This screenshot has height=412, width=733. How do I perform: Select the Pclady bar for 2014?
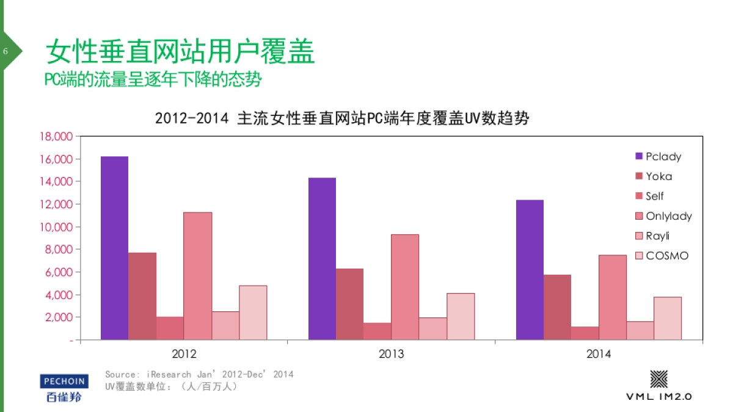530,269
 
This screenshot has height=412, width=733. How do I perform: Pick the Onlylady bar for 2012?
197,275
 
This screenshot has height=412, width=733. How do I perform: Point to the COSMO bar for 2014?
668,318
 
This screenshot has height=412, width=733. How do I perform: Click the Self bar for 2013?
377,331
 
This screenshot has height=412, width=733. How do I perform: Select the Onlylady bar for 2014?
613,297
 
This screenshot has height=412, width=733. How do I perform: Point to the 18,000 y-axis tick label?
56,136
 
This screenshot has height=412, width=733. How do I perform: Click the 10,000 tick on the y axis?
56,227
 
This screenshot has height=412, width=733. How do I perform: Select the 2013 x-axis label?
391,354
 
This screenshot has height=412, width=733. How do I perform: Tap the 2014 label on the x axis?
599,354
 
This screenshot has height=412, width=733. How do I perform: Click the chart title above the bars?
341,118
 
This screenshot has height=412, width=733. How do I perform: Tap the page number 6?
5,51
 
